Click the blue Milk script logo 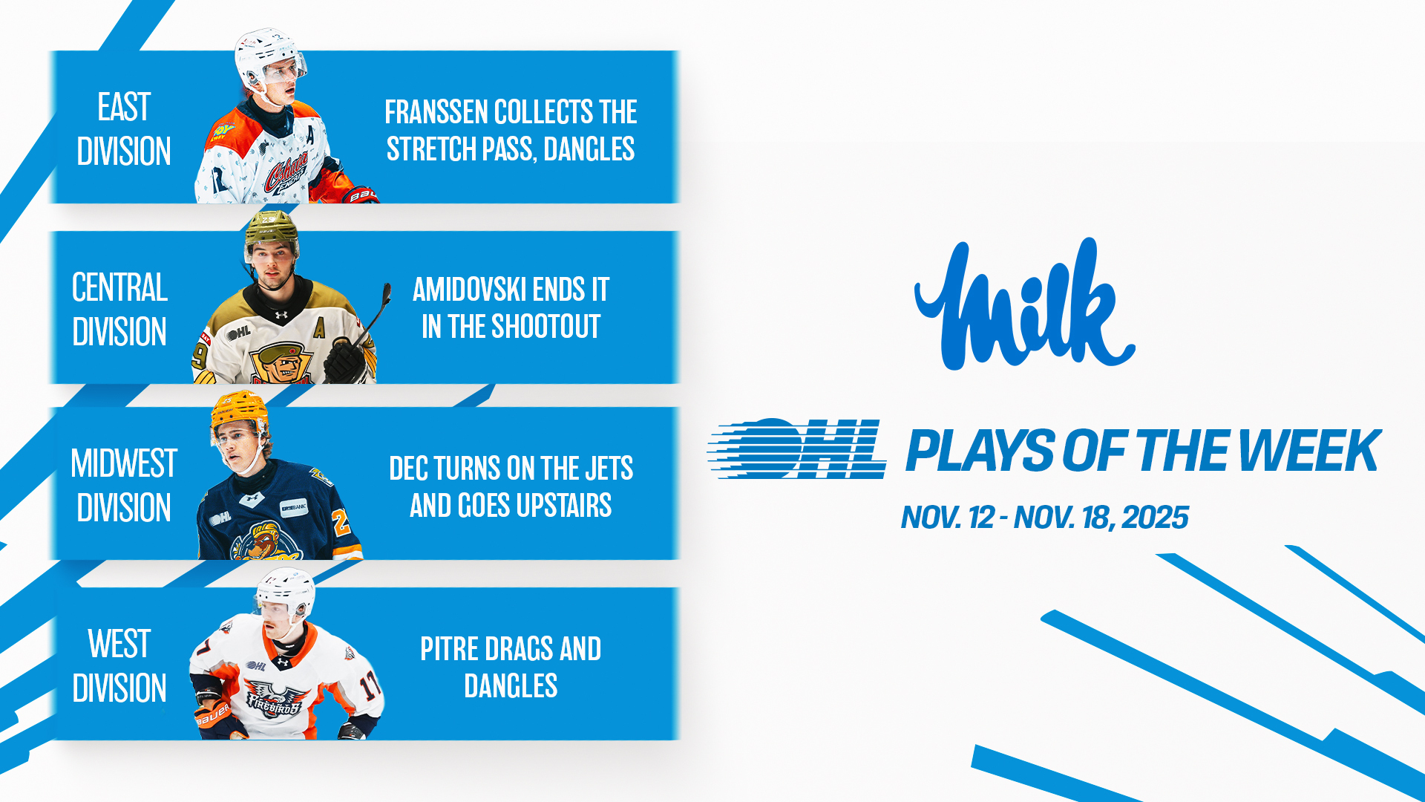tap(1024, 304)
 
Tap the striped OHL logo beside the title tap(797, 449)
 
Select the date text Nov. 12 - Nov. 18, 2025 tap(1045, 518)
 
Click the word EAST tap(124, 107)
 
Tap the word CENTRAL tap(119, 287)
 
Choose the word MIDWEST tap(124, 463)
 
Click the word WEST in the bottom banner tap(119, 644)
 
